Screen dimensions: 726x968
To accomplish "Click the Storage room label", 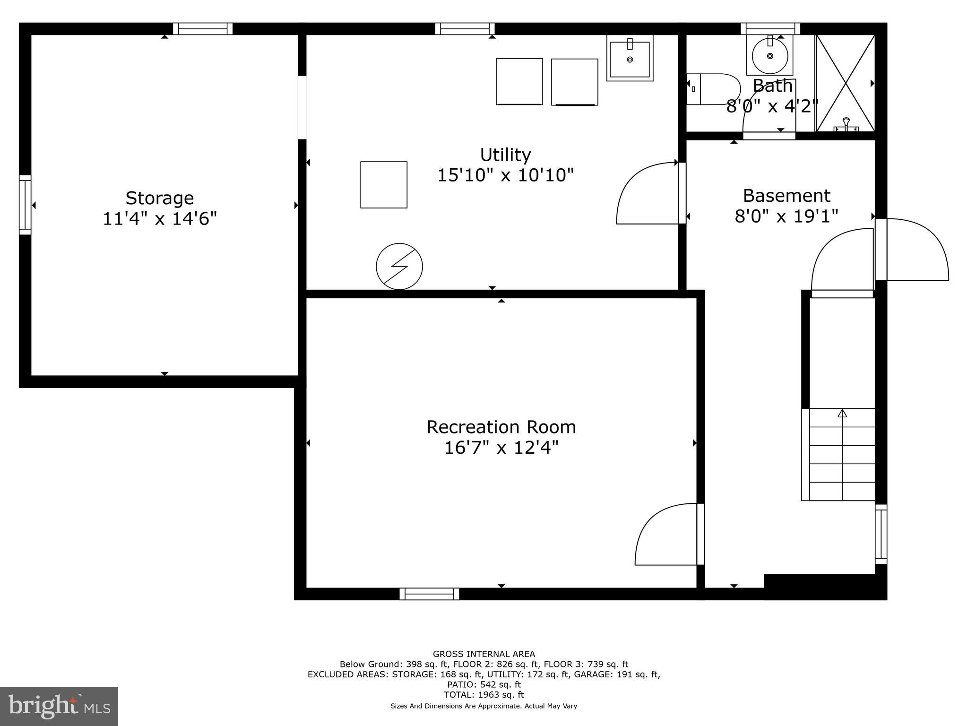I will (159, 198).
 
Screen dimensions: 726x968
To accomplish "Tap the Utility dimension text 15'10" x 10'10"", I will (505, 175).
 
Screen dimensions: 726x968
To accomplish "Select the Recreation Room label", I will (501, 427).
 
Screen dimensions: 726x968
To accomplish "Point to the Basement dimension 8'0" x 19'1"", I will (786, 216).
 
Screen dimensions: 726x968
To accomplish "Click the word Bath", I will (772, 86).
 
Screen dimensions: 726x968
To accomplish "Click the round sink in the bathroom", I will (770, 56).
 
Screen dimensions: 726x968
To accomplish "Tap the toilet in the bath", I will (714, 89).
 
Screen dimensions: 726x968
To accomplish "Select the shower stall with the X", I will (845, 83).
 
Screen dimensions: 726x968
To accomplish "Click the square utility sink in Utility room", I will (630, 59).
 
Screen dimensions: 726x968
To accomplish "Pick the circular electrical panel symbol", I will (399, 267).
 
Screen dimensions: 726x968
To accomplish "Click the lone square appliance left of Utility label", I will (383, 185).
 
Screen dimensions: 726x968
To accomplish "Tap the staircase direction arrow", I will (842, 414).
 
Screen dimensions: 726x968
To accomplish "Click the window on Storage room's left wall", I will (25, 205).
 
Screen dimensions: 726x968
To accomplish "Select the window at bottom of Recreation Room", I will (429, 594).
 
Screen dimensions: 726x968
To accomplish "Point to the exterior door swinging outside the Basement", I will (915, 250).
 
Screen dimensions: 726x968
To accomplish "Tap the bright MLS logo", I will (59, 707).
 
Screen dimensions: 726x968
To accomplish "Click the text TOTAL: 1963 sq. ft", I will (484, 695).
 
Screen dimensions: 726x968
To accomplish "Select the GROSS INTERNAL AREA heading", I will (484, 654).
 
